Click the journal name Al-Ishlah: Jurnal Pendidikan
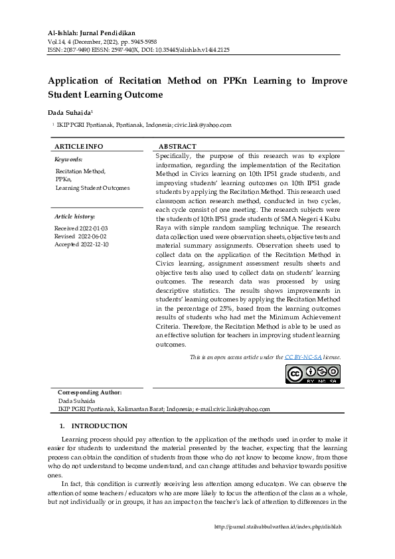pyautogui.click(x=92, y=33)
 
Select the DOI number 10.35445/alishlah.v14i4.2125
pyautogui.click(x=197, y=50)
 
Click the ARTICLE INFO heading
pyautogui.click(x=78, y=146)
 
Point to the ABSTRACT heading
pyautogui.click(x=177, y=146)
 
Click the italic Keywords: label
pyautogui.click(x=68, y=159)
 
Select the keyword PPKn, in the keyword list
pyautogui.click(x=64, y=179)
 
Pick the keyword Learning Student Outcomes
pyautogui.click(x=92, y=188)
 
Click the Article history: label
pyautogui.click(x=74, y=216)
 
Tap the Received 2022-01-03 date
pyautogui.click(x=81, y=228)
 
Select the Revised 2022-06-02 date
pyautogui.click(x=80, y=236)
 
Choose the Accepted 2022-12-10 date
pyautogui.click(x=82, y=244)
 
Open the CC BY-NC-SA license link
pyautogui.click(x=304, y=357)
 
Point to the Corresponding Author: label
pyautogui.click(x=90, y=393)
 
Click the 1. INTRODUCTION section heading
pyautogui.click(x=93, y=426)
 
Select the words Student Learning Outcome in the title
pyautogui.click(x=106, y=95)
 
